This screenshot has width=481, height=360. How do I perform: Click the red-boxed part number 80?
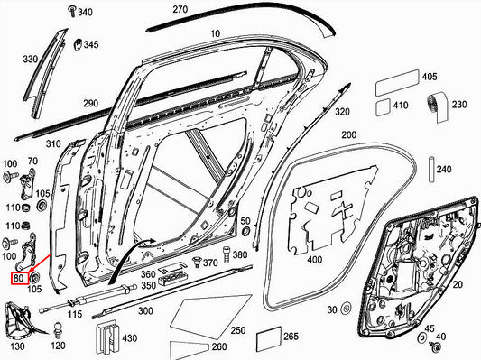tap(19, 279)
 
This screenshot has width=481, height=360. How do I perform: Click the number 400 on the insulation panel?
tap(314, 259)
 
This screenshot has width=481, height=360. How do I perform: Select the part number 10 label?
tap(214, 34)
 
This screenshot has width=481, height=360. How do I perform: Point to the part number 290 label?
tap(89, 105)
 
